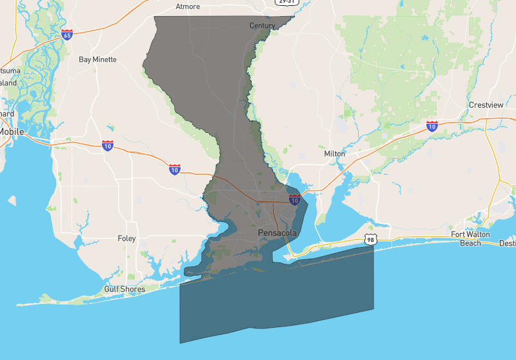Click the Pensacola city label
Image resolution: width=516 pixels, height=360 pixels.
pos(277,232)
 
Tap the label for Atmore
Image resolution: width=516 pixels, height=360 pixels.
pos(188,6)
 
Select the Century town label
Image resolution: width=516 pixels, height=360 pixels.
pos(262,26)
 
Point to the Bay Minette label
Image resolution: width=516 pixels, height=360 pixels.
pos(97,59)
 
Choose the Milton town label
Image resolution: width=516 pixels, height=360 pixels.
pos(335,154)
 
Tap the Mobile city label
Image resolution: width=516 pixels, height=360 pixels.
pos(11,132)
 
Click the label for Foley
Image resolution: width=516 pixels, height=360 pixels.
pos(127,239)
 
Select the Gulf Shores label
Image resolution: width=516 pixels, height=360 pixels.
pos(124,289)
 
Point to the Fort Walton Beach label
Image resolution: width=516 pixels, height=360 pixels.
pos(470,239)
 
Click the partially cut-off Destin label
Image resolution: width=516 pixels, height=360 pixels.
pos(507,243)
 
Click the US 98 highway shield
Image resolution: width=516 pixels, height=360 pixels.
pos(369,239)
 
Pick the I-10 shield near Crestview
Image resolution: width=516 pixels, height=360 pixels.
pos(432,126)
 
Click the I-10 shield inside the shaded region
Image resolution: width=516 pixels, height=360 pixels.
pos(295,200)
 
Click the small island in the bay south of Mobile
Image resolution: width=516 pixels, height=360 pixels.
pos(12,201)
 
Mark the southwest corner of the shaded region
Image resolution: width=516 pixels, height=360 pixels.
pos(180,343)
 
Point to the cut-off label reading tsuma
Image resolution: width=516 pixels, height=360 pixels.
pos(9,70)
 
